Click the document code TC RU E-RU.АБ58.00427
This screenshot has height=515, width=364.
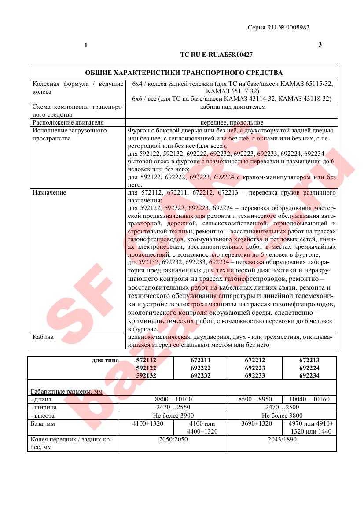pyautogui.click(x=216, y=55)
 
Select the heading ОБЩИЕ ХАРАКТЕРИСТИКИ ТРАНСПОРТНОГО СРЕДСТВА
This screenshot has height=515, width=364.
pyautogui.click(x=184, y=73)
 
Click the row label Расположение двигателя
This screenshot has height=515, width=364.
pyautogui.click(x=68, y=122)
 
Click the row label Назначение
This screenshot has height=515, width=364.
pyautogui.click(x=49, y=192)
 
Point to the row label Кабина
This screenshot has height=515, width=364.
pyautogui.click(x=43, y=337)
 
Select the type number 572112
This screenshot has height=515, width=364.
pyautogui.click(x=146, y=360)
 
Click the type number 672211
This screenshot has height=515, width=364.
pyautogui.click(x=201, y=360)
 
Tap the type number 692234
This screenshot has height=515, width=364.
pyautogui.click(x=309, y=375)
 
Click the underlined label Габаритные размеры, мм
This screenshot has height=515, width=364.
pyautogui.click(x=66, y=392)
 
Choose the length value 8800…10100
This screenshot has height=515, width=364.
pyautogui.click(x=173, y=400)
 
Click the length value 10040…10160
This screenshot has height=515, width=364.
pyautogui.click(x=309, y=400)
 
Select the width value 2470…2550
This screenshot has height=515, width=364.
pyautogui.click(x=173, y=408)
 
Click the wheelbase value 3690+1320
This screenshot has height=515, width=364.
pyautogui.click(x=255, y=423)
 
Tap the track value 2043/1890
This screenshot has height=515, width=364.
pyautogui.click(x=282, y=439)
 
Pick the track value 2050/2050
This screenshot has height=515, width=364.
pyautogui.click(x=173, y=439)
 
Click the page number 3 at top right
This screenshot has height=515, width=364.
pyautogui.click(x=320, y=44)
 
